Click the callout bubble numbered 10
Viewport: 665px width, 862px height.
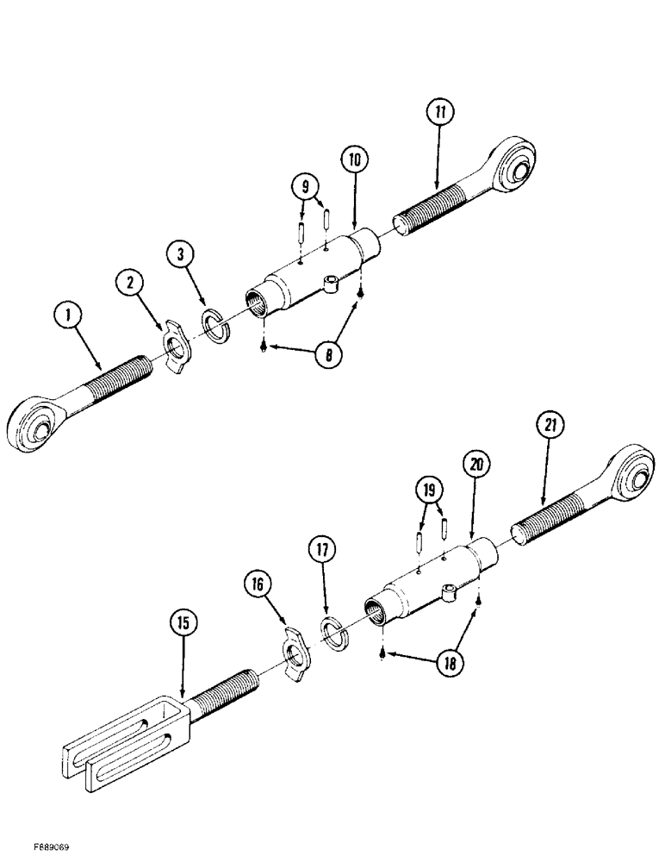353,159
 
